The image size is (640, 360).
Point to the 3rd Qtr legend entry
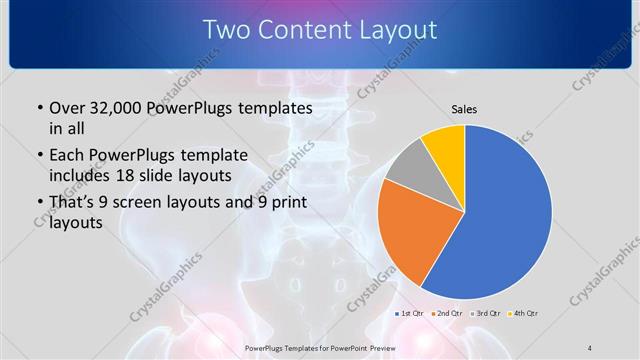(488, 313)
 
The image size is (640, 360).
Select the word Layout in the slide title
(394, 30)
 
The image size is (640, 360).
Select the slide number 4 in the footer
(590, 346)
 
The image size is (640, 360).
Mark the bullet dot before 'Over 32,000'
(38, 108)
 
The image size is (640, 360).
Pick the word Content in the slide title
(305, 30)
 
